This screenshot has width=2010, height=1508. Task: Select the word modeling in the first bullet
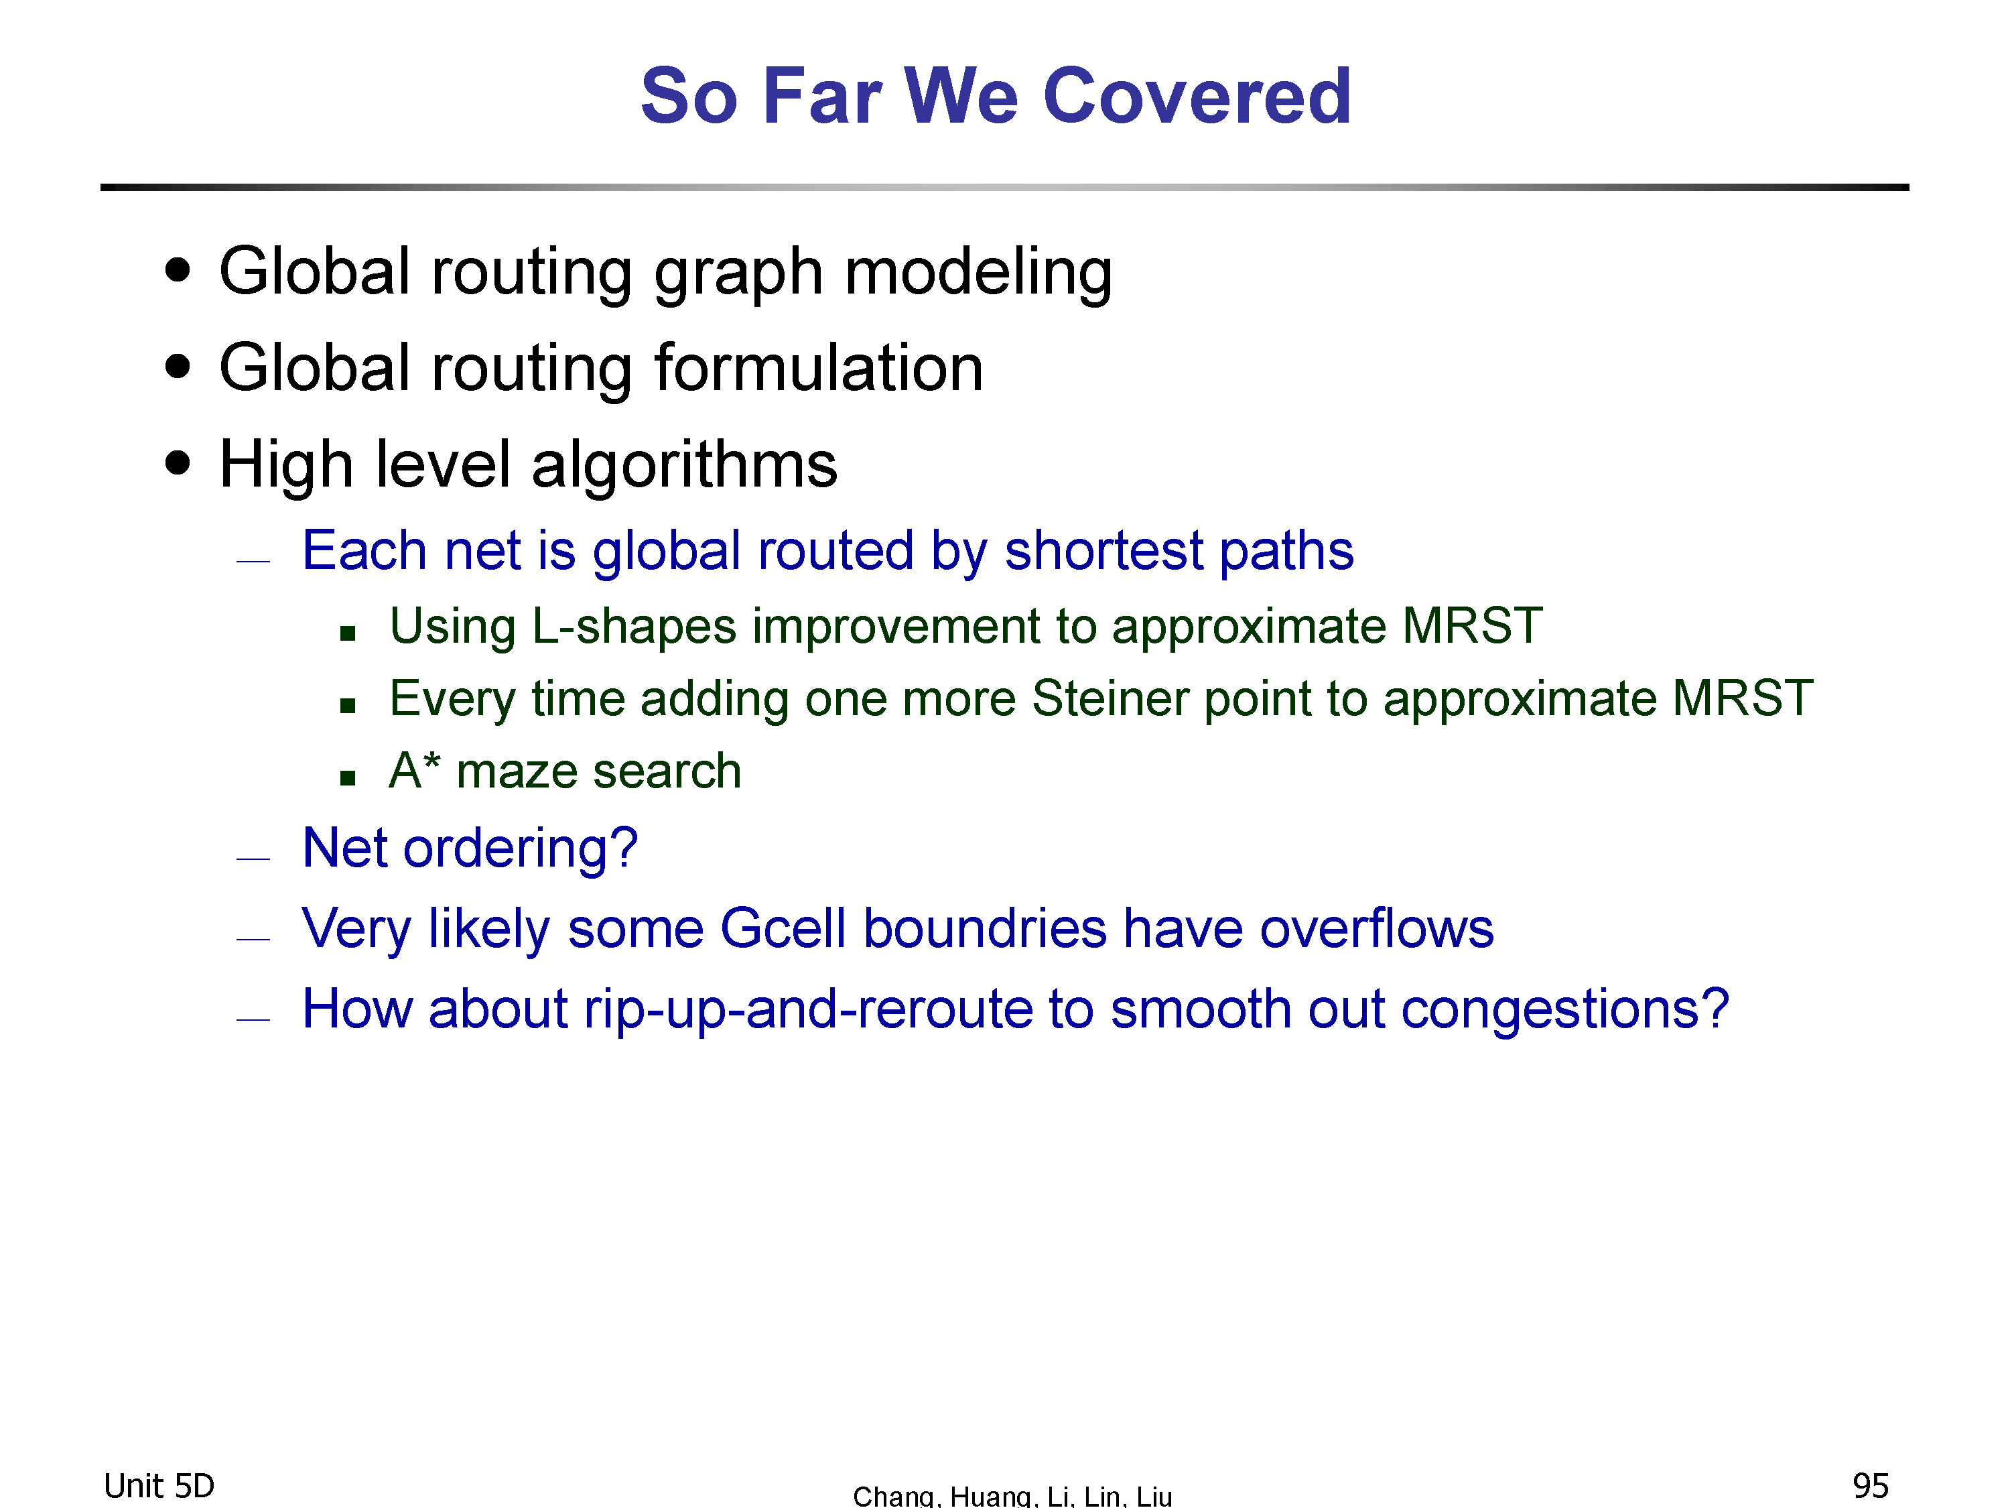(x=979, y=273)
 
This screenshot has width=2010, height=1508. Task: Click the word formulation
(x=819, y=368)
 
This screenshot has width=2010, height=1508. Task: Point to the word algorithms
(x=684, y=464)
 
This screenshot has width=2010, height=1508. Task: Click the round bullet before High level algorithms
(x=178, y=462)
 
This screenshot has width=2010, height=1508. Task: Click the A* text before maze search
(x=414, y=770)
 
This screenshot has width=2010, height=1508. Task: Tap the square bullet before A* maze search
(x=347, y=777)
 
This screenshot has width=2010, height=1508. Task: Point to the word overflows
(x=1377, y=928)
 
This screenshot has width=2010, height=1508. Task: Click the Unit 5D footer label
(x=159, y=1486)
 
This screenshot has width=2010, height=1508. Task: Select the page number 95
(x=1871, y=1486)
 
